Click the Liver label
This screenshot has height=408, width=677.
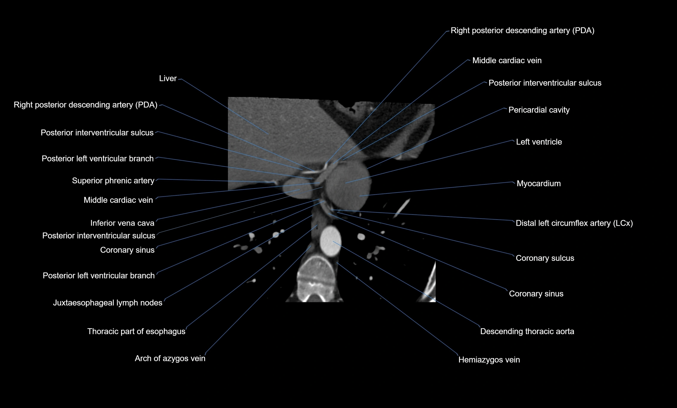click(168, 79)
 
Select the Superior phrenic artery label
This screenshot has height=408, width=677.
click(113, 181)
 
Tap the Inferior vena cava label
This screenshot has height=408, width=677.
click(122, 223)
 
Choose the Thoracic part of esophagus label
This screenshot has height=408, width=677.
click(136, 331)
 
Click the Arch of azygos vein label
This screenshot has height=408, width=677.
click(170, 358)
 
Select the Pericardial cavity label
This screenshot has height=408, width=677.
click(539, 110)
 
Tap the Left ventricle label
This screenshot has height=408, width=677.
click(539, 142)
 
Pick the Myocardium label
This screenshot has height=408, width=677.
click(539, 183)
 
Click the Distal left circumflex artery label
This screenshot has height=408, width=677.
click(574, 223)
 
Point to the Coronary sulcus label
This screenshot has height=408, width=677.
click(545, 258)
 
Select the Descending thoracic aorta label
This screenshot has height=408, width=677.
click(527, 331)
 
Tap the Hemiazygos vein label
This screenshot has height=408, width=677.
click(489, 360)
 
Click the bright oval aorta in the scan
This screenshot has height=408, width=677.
click(331, 241)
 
